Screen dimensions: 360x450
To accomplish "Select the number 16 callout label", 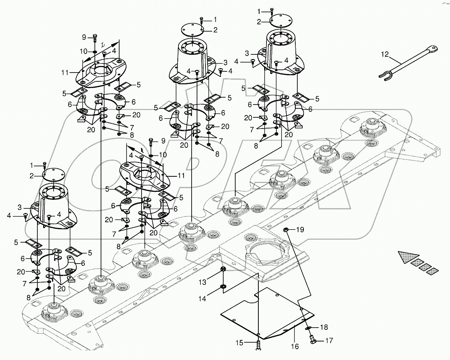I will [295, 346].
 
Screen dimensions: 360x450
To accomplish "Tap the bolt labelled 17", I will [313, 340].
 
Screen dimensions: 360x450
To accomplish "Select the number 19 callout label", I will [300, 230].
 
